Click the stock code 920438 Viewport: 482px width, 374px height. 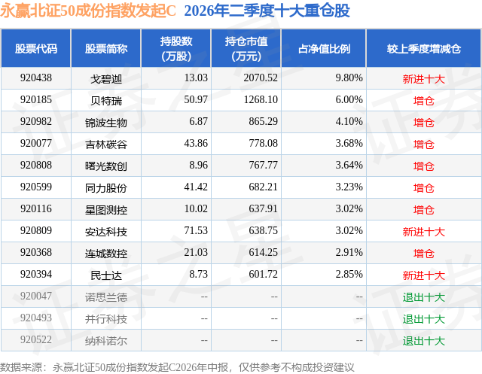(36, 78)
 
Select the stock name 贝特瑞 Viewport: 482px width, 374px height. (106, 101)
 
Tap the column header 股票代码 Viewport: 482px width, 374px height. (36, 48)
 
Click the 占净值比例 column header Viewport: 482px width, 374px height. (324, 48)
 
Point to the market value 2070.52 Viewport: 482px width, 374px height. (261, 78)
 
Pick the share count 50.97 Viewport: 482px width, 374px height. (196, 100)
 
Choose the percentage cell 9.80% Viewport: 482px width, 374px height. (349, 78)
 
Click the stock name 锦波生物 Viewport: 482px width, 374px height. (106, 123)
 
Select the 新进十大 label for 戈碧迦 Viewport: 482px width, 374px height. (423, 79)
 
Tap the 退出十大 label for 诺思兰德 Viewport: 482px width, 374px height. (423, 297)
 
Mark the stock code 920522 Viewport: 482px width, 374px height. (36, 340)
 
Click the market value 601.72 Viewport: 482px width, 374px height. (263, 274)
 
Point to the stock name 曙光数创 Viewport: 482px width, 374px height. (106, 166)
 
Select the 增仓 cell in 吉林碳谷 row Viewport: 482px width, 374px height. (423, 144)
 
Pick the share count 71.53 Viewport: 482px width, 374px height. (196, 230)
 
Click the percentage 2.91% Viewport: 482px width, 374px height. (349, 252)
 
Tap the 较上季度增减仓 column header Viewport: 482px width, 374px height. (423, 48)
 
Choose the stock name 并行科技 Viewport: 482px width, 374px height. (106, 319)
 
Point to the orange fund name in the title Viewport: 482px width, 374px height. (87, 11)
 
